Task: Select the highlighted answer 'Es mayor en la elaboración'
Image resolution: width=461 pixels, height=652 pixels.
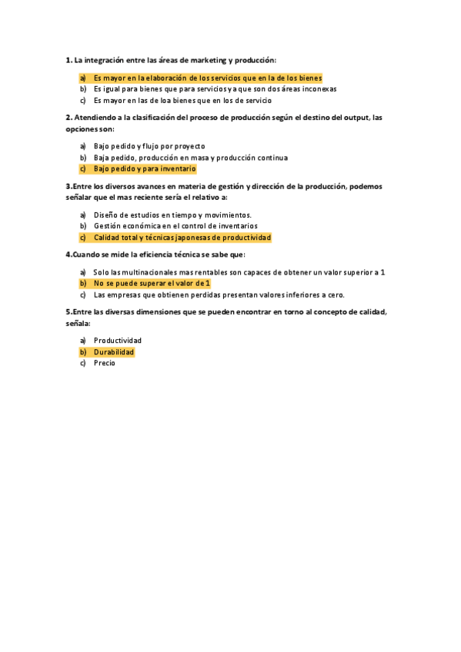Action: pos(207,78)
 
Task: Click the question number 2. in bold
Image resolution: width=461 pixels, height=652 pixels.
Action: pos(69,118)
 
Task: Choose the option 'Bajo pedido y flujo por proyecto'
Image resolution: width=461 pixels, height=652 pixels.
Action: pos(149,146)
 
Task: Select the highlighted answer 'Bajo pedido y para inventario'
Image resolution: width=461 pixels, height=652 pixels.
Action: pos(145,168)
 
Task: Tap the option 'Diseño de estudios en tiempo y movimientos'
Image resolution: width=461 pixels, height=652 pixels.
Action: pos(172,215)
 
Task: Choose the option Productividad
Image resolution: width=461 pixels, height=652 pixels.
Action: pos(118,341)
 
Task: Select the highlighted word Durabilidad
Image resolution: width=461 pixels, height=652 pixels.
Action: pos(114,352)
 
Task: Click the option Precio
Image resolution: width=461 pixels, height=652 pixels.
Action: pos(105,363)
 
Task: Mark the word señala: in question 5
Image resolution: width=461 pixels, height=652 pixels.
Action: pos(79,324)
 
